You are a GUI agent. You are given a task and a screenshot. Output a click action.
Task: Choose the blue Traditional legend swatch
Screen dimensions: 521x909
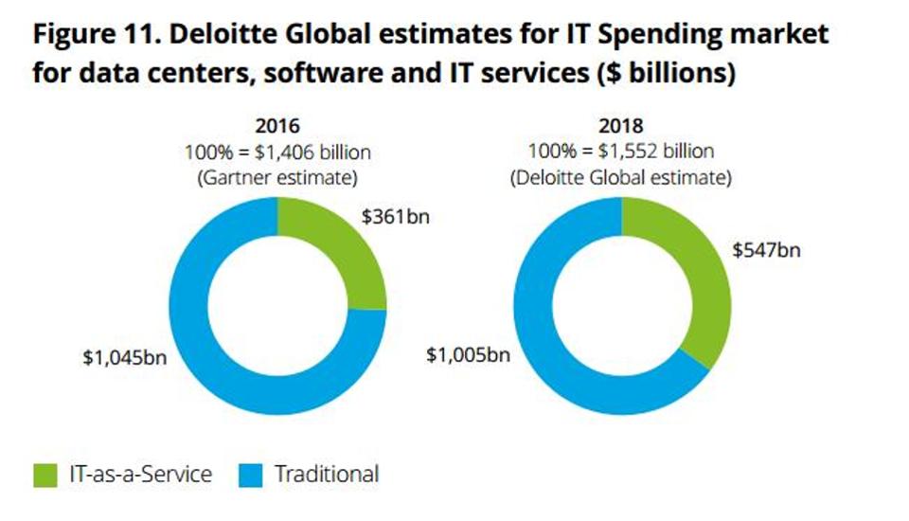[x=246, y=474]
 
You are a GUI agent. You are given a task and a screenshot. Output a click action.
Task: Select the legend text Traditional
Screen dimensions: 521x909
[x=327, y=474]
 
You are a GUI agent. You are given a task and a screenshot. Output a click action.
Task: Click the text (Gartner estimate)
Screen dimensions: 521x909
[x=277, y=175]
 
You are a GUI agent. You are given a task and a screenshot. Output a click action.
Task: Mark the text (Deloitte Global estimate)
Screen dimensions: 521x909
[x=622, y=175]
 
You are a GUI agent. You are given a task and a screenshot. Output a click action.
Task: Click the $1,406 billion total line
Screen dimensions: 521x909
[x=277, y=151]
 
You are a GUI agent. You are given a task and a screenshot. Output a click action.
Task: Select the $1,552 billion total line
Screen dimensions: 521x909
[x=622, y=151]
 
